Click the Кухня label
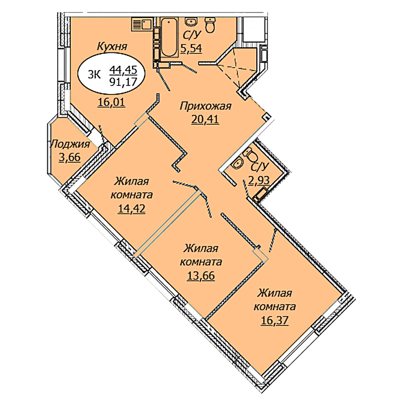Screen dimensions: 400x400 [112, 47]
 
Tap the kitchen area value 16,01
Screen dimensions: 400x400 [112, 102]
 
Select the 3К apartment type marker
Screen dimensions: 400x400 [94, 75]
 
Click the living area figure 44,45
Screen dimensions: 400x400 [123, 70]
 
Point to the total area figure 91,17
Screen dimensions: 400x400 [123, 81]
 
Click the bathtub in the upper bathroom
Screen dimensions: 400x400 [170, 38]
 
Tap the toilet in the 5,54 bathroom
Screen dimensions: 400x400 [210, 25]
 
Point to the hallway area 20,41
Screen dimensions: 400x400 [205, 119]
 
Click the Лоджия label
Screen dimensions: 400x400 [70, 144]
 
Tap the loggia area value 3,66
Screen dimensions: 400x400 [70, 157]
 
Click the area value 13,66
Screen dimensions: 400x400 [201, 276]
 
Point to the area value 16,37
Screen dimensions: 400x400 [275, 321]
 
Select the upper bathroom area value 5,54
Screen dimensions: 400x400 [191, 49]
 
